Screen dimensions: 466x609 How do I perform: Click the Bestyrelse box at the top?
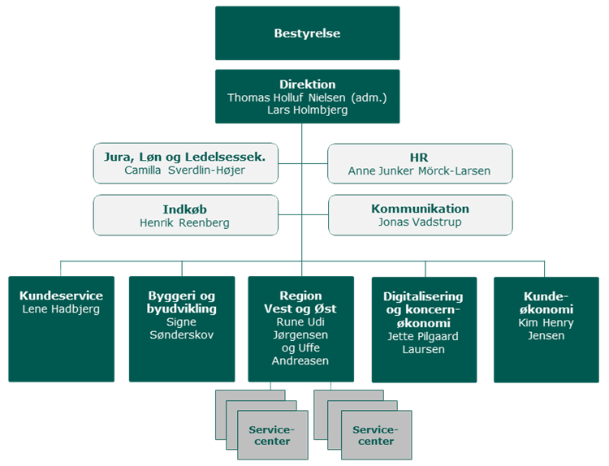click(307, 34)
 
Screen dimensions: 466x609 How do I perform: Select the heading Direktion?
click(307, 84)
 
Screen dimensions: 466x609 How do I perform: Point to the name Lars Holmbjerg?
click(307, 110)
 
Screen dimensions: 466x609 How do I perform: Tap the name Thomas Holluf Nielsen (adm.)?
click(307, 97)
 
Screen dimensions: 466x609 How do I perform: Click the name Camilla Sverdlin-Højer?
click(184, 171)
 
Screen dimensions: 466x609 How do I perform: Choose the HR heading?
click(419, 157)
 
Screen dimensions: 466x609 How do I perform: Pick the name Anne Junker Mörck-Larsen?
click(419, 171)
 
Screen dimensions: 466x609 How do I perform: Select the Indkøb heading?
click(184, 209)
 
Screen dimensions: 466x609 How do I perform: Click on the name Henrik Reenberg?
click(184, 222)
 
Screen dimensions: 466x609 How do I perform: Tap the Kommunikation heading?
click(419, 209)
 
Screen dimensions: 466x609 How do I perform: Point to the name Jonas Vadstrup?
click(419, 222)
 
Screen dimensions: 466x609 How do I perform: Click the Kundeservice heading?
click(61, 296)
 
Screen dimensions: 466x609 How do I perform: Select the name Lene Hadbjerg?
click(61, 309)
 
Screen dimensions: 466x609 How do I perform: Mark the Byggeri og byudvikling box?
click(181, 329)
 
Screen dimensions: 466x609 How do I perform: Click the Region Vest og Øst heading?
click(300, 302)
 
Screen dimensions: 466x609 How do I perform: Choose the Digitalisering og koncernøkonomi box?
click(423, 329)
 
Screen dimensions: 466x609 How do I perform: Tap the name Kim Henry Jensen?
click(545, 329)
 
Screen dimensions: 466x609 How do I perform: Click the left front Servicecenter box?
click(272, 435)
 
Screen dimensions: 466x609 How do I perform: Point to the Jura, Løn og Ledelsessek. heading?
click(184, 157)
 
